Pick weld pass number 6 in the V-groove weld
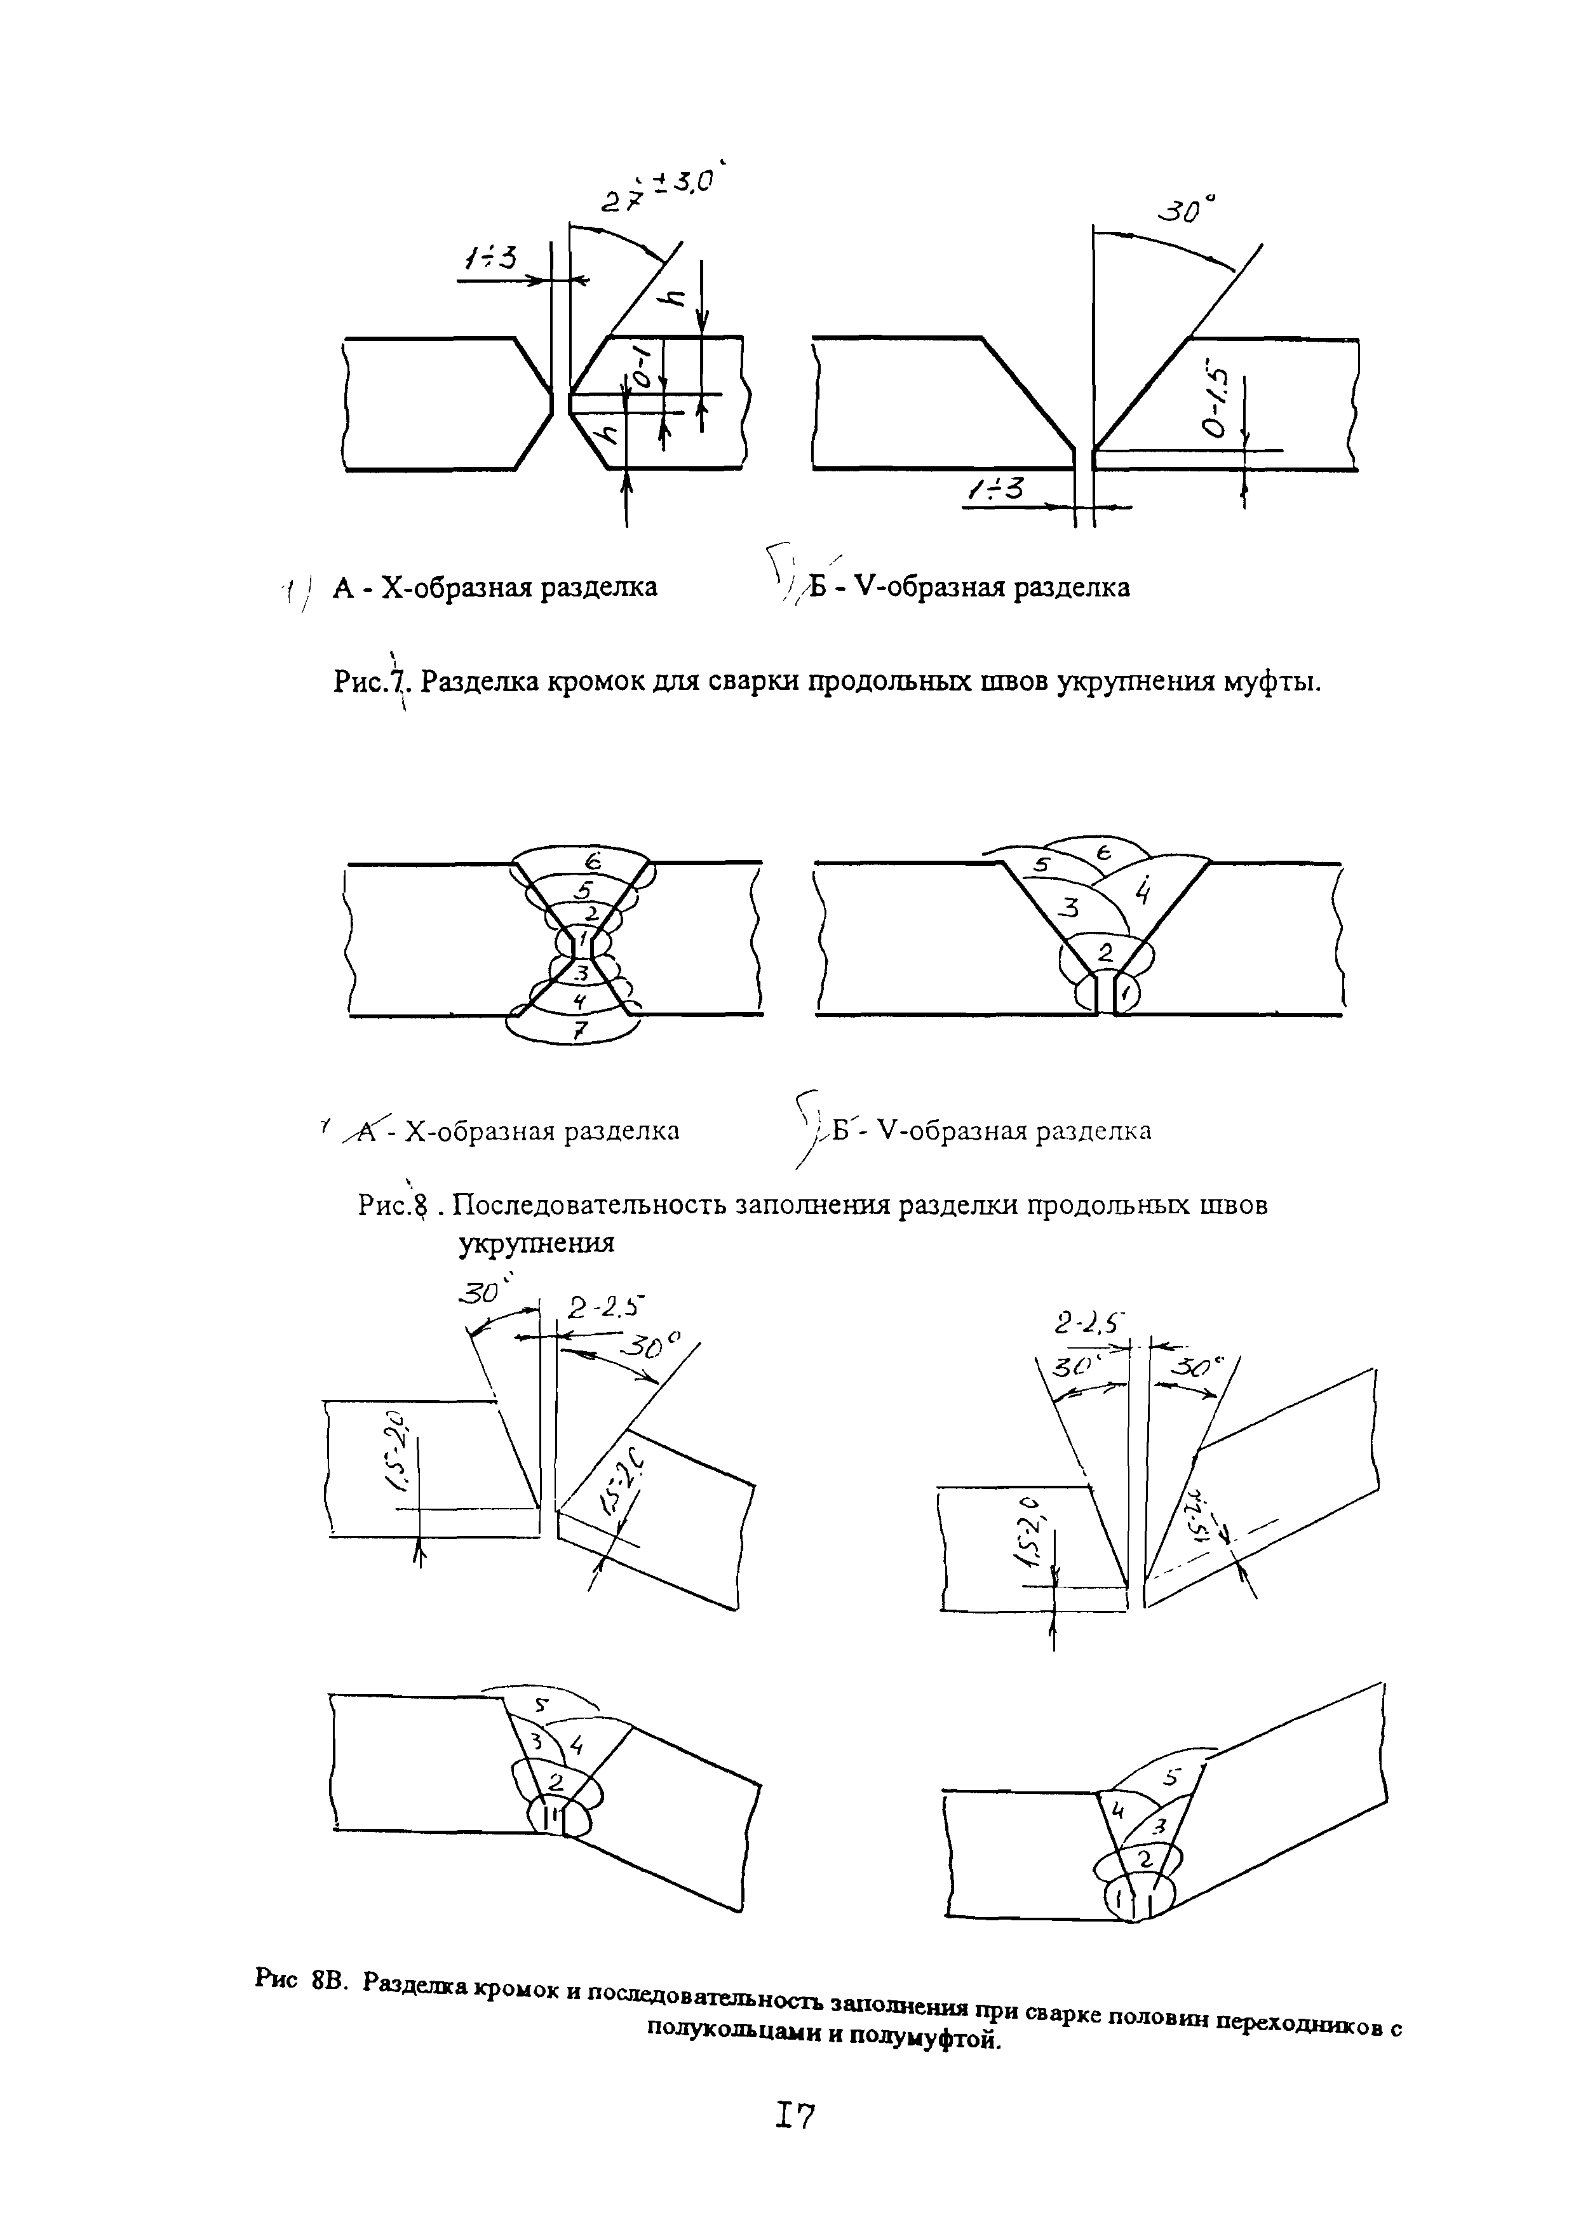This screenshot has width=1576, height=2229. coord(1104,851)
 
